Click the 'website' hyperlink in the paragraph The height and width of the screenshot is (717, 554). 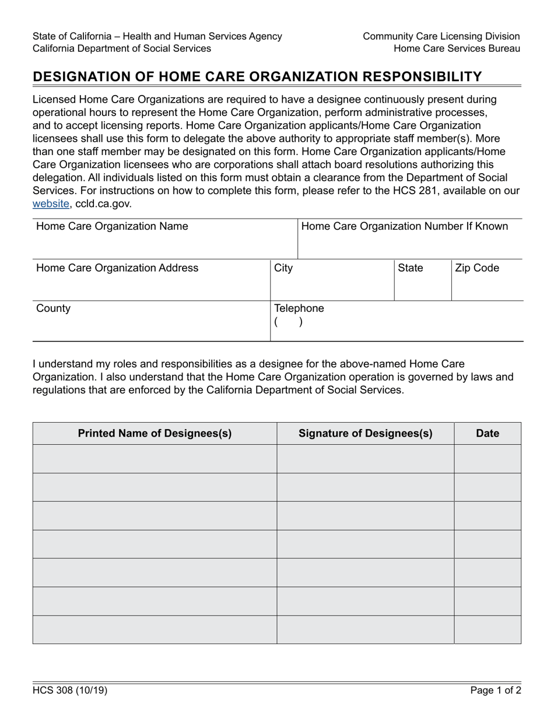[x=51, y=204]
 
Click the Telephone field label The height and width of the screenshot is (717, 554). [x=299, y=308]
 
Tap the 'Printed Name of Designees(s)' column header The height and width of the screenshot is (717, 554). [x=155, y=434]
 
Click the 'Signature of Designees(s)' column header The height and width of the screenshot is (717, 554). [x=365, y=434]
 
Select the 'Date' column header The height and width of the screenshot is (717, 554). [x=488, y=434]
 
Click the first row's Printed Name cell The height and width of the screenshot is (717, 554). [x=155, y=459]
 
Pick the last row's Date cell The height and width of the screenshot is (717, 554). [x=488, y=630]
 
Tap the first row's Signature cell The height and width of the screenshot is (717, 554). [x=365, y=459]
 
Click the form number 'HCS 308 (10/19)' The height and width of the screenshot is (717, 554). [x=70, y=691]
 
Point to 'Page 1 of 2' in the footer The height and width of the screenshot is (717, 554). [x=496, y=691]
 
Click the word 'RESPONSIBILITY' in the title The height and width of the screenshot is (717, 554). [x=420, y=77]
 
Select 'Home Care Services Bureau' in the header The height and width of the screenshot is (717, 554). [x=457, y=48]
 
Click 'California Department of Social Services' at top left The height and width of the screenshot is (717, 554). [x=122, y=48]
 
